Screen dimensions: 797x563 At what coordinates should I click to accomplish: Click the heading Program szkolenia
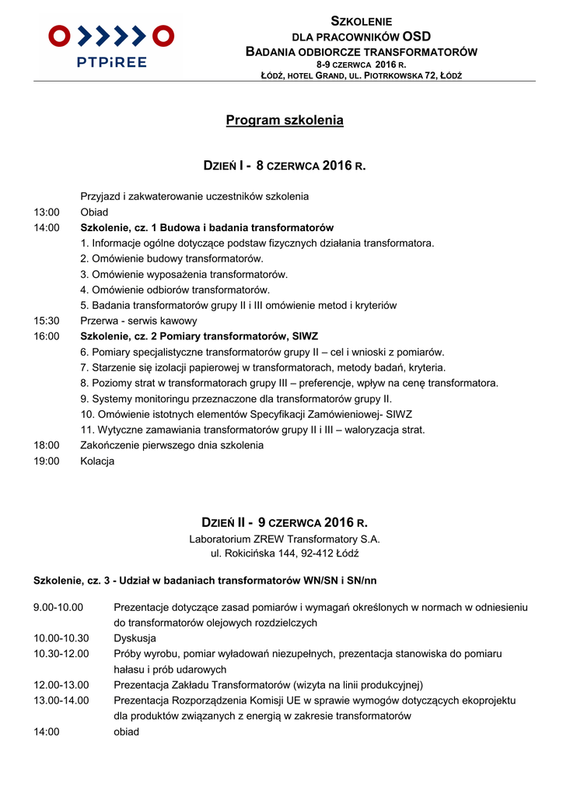[285, 121]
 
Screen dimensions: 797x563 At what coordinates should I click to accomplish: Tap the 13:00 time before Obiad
[47, 212]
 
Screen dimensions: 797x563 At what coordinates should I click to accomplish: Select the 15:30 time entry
[47, 321]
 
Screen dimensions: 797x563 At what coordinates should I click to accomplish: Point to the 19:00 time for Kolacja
[47, 461]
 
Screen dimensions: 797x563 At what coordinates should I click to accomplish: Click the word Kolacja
[97, 461]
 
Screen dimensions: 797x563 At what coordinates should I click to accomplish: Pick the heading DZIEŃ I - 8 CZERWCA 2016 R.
[285, 166]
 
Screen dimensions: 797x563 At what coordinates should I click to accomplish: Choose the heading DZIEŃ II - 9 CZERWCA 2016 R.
[285, 522]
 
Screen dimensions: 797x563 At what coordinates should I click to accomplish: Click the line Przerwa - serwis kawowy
[139, 321]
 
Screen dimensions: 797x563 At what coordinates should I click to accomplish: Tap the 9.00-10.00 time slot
[58, 607]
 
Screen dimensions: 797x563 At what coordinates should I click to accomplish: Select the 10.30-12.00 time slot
[61, 654]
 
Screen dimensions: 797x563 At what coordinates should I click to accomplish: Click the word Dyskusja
[135, 638]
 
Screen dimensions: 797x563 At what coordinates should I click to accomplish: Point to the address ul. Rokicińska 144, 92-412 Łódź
[285, 553]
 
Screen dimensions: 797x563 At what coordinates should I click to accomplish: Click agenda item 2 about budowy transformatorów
[172, 258]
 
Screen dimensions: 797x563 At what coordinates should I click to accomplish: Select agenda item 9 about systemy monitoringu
[236, 398]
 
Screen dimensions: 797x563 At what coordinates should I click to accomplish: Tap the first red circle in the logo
[59, 36]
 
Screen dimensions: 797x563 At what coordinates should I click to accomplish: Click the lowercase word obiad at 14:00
[127, 732]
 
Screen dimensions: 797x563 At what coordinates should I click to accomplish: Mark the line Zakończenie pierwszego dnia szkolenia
[172, 445]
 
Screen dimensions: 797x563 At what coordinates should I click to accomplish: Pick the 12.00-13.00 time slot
[61, 685]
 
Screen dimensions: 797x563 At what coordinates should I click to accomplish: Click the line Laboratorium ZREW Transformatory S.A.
[285, 539]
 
